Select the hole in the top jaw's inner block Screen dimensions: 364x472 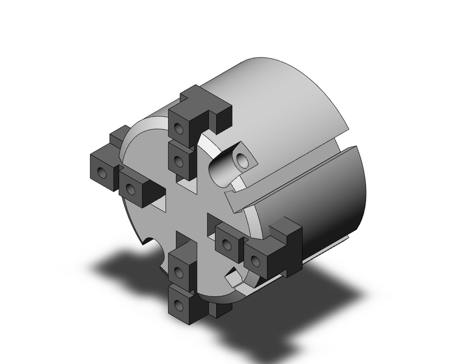(x=178, y=162)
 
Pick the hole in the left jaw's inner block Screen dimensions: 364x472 (x=131, y=190)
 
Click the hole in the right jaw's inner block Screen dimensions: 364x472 (x=227, y=244)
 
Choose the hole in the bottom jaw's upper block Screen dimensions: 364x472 (x=178, y=271)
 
